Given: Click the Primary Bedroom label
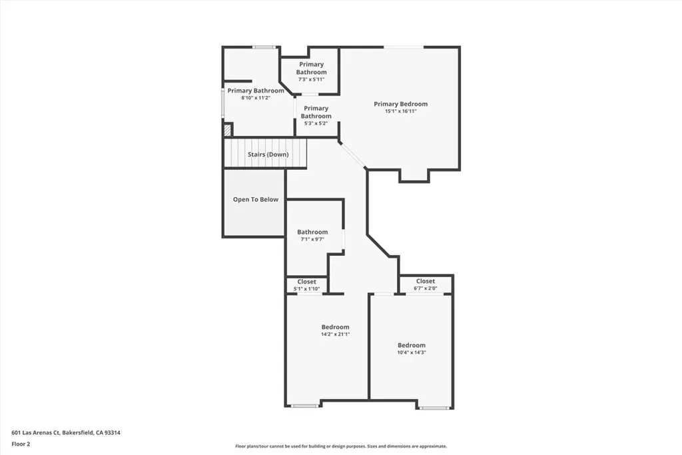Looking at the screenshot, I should [400, 104].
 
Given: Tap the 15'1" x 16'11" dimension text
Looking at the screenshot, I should [400, 111].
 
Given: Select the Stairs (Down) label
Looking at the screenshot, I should [268, 155].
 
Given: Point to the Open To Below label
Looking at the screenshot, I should [255, 200].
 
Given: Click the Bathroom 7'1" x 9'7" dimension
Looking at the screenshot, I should [312, 239].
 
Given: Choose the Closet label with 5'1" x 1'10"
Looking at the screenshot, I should [306, 282].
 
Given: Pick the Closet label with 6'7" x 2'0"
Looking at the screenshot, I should [426, 281].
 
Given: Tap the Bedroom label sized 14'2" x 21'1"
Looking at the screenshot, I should [335, 327].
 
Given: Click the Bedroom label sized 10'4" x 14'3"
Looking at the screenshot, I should [411, 345].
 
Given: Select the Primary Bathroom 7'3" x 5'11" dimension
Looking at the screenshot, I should [311, 79].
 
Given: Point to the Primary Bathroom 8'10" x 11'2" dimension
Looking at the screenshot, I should [255, 98].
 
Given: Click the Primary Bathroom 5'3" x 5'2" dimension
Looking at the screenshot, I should [316, 123].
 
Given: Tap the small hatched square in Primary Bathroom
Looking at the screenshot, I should [227, 130].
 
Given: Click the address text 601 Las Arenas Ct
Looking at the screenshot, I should [66, 432].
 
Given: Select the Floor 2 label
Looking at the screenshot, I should [21, 444].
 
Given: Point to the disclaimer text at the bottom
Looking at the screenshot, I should [340, 446].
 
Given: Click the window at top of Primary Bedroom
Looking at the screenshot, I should [403, 47].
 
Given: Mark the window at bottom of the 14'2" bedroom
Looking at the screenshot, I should [304, 406].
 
